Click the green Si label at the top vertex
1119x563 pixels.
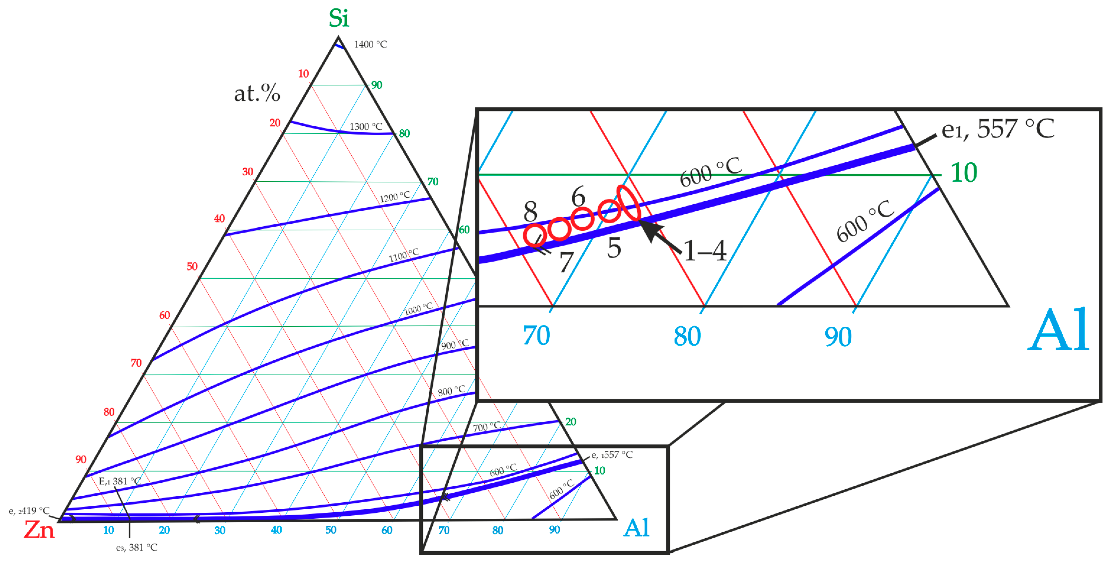pos(338,19)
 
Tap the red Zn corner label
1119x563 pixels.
pos(39,530)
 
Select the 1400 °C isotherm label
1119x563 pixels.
pos(370,44)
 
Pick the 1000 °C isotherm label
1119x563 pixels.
pos(418,309)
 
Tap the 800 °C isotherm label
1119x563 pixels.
pos(451,390)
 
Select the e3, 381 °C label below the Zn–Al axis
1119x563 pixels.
pos(136,547)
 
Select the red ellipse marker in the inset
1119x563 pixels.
pos(629,203)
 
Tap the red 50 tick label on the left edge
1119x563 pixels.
pos(192,266)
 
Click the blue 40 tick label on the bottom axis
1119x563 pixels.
pos(276,530)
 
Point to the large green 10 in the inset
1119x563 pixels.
pos(964,173)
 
